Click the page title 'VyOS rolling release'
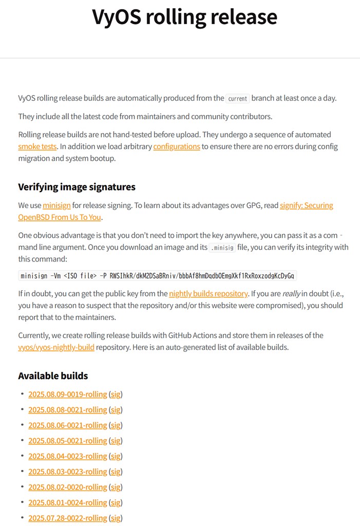[184, 17]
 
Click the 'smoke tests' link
[37, 146]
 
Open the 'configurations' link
[177, 146]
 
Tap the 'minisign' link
[56, 205]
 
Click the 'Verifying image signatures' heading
[77, 186]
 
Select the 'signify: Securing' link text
[306, 205]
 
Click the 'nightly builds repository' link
[209, 294]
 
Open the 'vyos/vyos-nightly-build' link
[56, 347]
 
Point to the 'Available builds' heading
[53, 375]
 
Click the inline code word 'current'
[238, 98]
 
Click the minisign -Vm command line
[158, 276]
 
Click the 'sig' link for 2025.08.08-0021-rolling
[116, 410]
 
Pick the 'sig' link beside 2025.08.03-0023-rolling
[116, 472]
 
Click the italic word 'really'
[290, 294]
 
